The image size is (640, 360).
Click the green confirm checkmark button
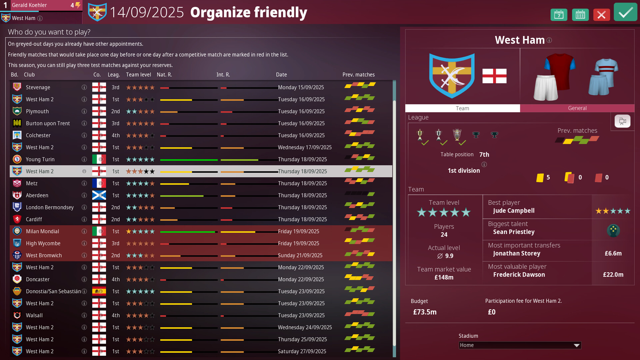(625, 13)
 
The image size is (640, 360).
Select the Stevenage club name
(38, 87)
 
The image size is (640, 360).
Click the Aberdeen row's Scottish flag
(99, 195)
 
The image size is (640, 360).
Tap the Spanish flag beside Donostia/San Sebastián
(99, 291)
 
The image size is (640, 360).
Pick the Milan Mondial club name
(42, 231)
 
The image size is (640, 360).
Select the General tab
(577, 108)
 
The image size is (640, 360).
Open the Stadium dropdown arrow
(576, 345)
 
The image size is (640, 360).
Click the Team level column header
(138, 75)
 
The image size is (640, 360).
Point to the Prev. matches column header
(358, 75)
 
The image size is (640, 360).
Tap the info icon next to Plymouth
(84, 111)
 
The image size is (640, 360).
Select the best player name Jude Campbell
(514, 211)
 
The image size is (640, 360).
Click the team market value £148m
(444, 277)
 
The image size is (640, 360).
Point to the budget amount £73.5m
(425, 312)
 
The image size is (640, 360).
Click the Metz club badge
(17, 183)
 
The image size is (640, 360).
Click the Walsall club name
(34, 315)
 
